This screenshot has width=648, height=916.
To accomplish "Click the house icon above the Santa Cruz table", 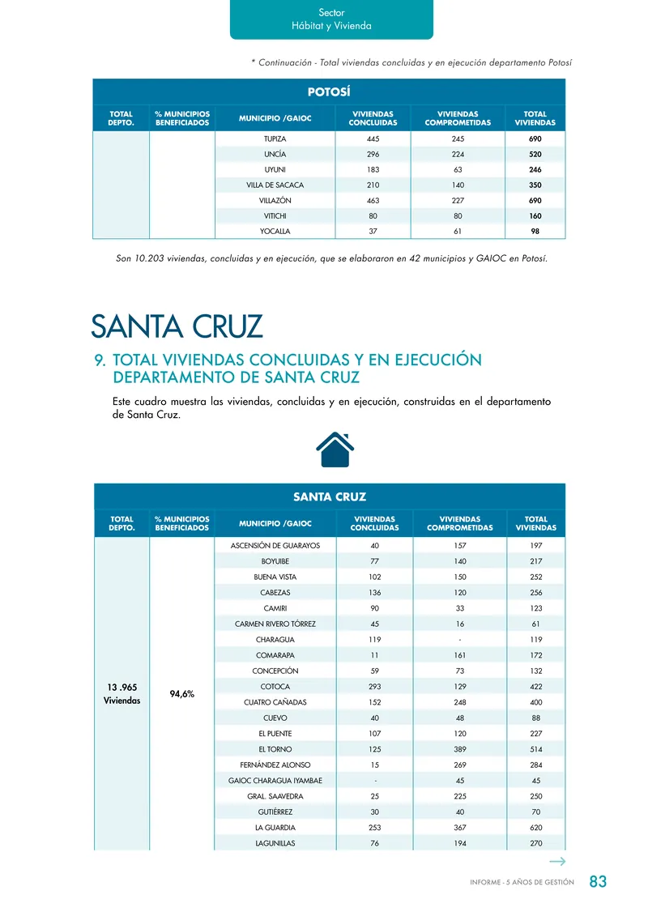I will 334,449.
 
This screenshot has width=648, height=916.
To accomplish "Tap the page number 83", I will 598,882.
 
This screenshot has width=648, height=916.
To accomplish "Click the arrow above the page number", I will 556,862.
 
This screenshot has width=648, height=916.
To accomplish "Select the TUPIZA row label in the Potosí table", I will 275,138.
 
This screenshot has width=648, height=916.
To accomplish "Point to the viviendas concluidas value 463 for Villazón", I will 373,200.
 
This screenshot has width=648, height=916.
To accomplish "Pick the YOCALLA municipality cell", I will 275,231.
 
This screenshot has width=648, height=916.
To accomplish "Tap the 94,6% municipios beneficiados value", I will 182,694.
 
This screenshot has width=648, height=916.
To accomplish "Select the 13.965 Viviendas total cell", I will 122,694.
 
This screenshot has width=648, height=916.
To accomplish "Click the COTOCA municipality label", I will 275,687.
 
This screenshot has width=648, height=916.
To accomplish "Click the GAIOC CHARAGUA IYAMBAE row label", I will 275,781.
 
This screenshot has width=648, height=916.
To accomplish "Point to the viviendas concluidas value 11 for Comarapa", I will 374,655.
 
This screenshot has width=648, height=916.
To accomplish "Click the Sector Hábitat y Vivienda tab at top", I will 331,19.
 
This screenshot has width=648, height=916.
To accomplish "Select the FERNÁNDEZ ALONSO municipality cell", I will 275,765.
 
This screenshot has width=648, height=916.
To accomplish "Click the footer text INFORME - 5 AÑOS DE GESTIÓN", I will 522,882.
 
